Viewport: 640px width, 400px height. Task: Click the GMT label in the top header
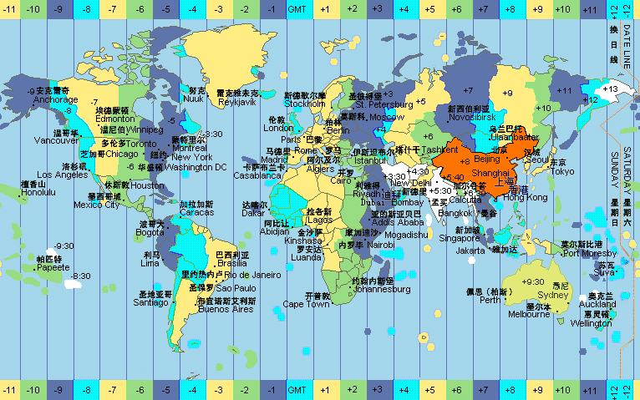point(297,8)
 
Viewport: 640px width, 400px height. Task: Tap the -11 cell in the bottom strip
point(10,390)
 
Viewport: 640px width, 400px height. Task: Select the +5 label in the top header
point(429,8)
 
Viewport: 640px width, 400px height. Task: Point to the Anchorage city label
point(55,100)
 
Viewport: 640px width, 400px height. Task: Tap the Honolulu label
point(38,192)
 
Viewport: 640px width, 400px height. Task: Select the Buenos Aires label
point(225,309)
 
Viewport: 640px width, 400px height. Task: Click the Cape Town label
point(305,305)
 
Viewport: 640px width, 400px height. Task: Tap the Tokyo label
point(562,171)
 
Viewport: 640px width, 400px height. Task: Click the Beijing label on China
point(485,159)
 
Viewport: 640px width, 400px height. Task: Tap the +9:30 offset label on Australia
point(532,281)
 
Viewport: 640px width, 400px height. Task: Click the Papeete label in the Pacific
point(53,268)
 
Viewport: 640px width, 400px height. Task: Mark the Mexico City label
point(97,205)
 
